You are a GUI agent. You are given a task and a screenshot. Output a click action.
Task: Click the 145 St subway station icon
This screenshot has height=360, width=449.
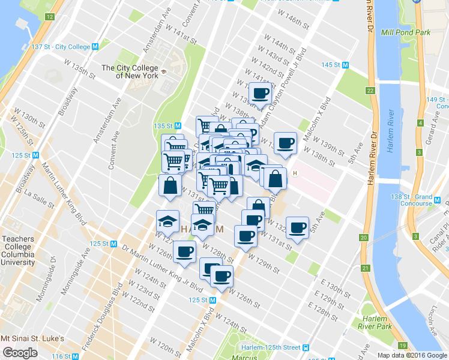pos(345,65)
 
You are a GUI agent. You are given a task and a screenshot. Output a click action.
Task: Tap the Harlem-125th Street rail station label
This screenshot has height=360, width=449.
pos(271,347)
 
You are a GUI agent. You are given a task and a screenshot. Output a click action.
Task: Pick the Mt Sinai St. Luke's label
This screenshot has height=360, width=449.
pos(32,338)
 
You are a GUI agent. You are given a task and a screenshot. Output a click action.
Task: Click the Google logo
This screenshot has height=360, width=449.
pos(20,352)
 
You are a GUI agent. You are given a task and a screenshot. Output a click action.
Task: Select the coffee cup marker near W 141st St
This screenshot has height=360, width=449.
pos(261,94)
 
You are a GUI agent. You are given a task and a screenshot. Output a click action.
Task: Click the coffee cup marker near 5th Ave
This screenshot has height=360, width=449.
pos(297,227)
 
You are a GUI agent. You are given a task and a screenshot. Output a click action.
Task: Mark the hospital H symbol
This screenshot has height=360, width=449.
pos(295,174)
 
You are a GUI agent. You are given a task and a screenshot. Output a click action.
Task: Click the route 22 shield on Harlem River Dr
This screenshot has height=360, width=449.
pos(370,91)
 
